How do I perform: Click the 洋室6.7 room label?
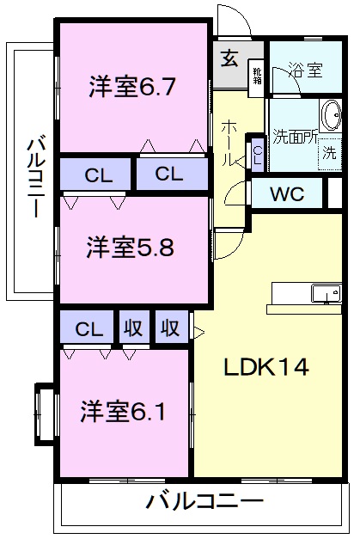tap(133, 87)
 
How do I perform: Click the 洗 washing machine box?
tap(330, 155)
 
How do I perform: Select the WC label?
tap(286, 193)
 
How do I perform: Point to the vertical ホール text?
tap(229, 143)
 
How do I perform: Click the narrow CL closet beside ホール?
tap(258, 155)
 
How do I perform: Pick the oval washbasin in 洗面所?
tap(330, 116)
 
